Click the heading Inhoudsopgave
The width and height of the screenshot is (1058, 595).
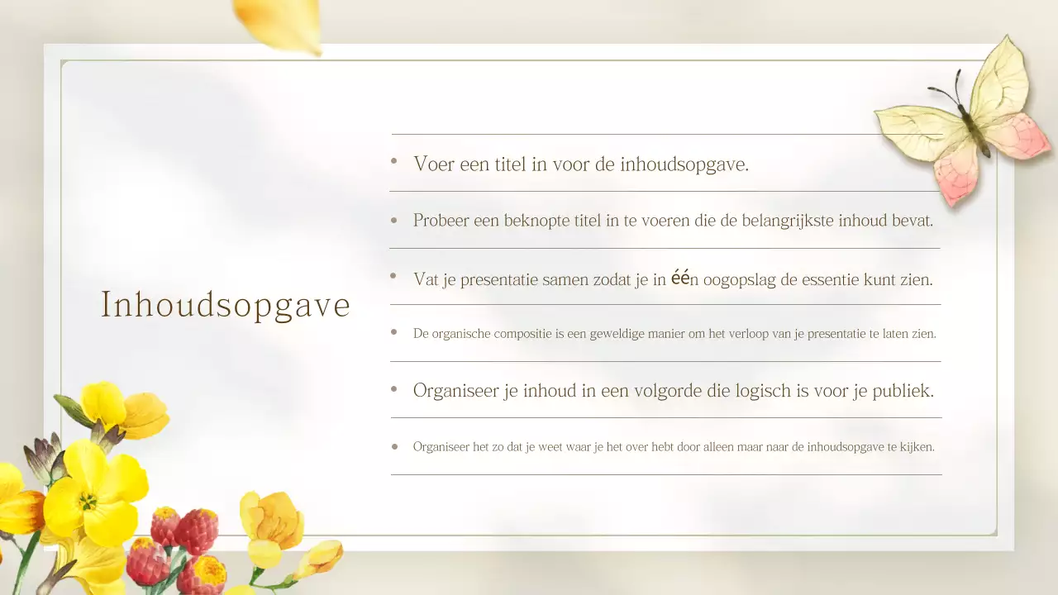point(226,305)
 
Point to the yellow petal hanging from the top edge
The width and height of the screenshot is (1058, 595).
point(281,21)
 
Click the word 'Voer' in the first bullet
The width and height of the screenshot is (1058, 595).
point(433,164)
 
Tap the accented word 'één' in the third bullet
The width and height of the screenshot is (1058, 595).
point(679,278)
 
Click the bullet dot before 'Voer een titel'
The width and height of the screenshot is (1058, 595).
point(394,162)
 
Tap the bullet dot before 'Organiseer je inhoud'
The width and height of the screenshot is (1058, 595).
point(394,388)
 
